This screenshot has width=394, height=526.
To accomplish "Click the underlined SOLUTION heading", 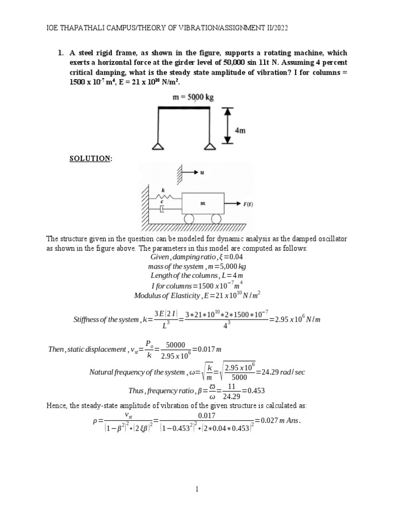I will click(x=90, y=159).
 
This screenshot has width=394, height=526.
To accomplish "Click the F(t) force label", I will click(x=248, y=204).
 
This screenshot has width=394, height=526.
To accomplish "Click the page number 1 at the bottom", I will click(x=197, y=490).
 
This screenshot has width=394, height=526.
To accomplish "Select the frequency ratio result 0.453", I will click(x=254, y=390).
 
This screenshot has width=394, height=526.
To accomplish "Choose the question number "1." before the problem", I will click(x=60, y=53).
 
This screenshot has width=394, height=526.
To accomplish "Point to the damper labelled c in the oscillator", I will click(x=161, y=209).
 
